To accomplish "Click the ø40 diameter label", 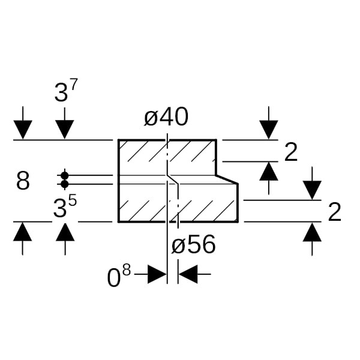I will coord(166,118).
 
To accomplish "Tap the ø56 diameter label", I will coord(193,245).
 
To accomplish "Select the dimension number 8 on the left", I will coord(23,181).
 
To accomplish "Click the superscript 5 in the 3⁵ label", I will coord(72,200).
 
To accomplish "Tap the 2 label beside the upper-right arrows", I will coord(291,152).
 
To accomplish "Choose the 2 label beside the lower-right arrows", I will coord(335,212).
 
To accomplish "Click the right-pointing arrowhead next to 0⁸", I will coord(157,275).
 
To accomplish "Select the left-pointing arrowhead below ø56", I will coord(187,275).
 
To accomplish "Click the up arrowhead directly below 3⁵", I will coord(65,232).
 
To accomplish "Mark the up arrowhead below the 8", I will coord(23,232).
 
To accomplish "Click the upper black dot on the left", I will coord(65,175).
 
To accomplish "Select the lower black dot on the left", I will coord(65,184).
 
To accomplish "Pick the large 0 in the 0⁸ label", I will coord(115,278).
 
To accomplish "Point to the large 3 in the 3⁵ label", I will coord(60,209).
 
